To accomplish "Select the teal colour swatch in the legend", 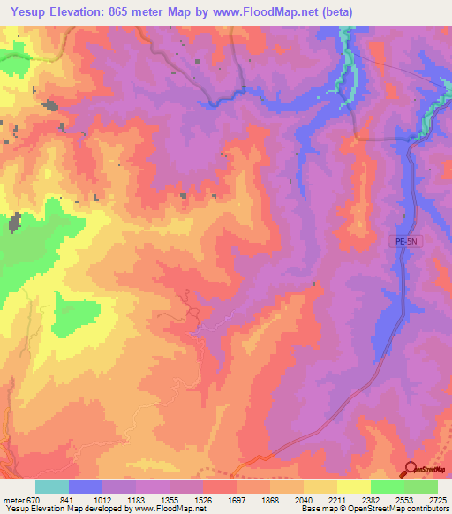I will (52, 487).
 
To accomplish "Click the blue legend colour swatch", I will (86, 487).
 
